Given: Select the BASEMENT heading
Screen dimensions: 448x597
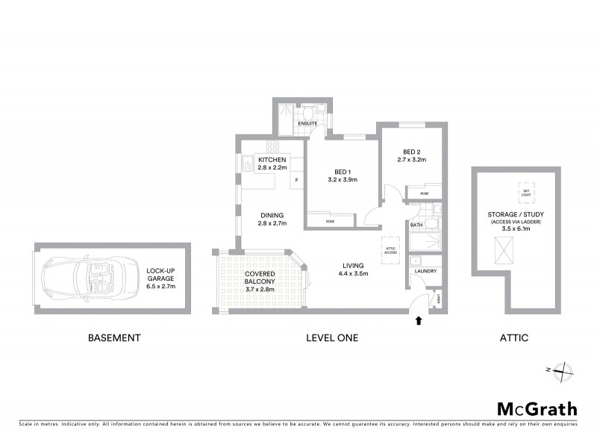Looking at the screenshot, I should pyautogui.click(x=114, y=337).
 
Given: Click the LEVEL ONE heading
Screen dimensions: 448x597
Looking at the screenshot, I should pyautogui.click(x=332, y=337).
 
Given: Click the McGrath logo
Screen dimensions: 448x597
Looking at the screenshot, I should pyautogui.click(x=537, y=408).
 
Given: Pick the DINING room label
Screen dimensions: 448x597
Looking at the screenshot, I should pyautogui.click(x=272, y=220).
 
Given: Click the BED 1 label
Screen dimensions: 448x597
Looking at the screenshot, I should pyautogui.click(x=343, y=175).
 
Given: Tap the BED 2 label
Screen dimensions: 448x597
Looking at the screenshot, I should pyautogui.click(x=410, y=155).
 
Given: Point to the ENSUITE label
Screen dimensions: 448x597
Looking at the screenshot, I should pyautogui.click(x=307, y=123).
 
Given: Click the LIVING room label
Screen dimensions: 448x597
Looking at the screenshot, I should pyautogui.click(x=353, y=268).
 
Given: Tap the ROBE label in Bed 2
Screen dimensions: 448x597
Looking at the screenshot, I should pyautogui.click(x=424, y=193).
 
